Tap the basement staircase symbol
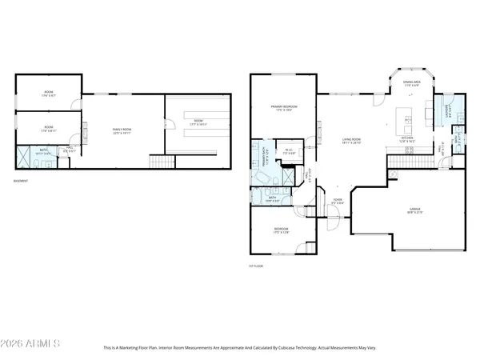(163, 162)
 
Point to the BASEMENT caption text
(21, 181)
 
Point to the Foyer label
(338, 200)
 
